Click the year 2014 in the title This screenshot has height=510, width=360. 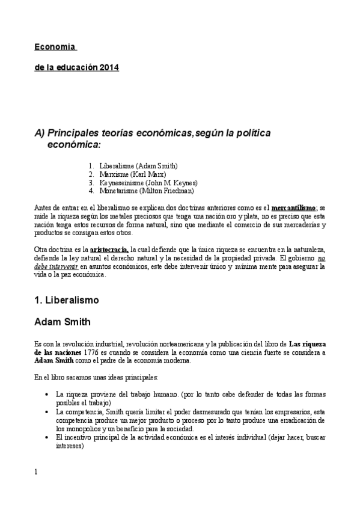109,67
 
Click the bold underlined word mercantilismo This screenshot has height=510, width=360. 294,207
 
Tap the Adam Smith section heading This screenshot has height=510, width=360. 63,322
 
